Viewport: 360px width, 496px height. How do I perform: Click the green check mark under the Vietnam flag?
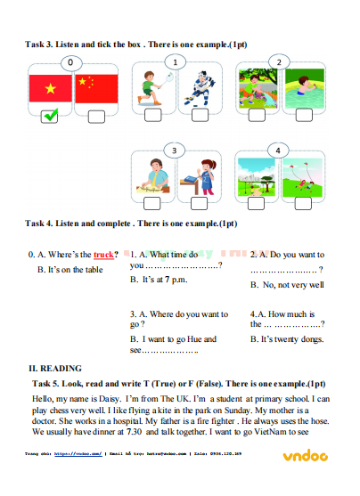click(x=50, y=114)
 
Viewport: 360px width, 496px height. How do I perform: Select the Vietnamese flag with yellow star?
click(x=50, y=88)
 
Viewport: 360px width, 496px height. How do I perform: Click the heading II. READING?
click(x=55, y=368)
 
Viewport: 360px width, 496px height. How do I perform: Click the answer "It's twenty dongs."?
click(x=290, y=339)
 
